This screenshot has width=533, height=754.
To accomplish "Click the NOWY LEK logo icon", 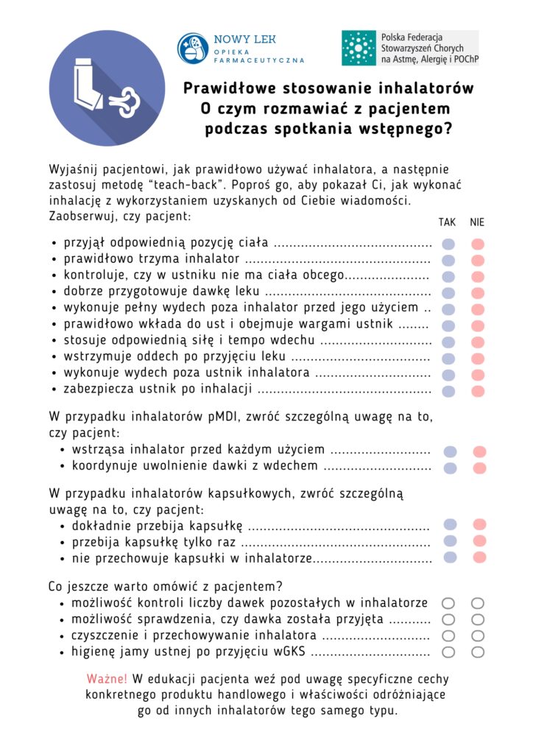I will (x=193, y=47).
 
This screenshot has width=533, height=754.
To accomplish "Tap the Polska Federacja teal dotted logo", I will (x=359, y=48).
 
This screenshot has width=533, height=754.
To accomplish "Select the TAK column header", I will (x=447, y=222).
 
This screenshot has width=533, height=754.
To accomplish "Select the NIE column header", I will (x=477, y=222).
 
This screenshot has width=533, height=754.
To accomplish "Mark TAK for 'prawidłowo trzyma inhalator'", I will (x=448, y=261).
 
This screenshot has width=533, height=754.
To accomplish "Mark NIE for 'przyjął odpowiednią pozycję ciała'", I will (x=478, y=244).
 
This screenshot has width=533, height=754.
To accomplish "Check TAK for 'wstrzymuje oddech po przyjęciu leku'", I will (x=448, y=359).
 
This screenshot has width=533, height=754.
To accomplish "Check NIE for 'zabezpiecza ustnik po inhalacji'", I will (x=478, y=391).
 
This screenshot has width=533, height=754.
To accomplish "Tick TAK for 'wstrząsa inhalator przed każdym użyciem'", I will (x=450, y=451).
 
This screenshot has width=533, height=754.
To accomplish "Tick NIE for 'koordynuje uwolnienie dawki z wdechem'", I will (x=479, y=468).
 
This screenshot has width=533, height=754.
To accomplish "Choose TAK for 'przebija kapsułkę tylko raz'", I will (x=450, y=541).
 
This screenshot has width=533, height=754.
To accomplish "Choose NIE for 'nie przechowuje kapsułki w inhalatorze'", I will (x=479, y=557).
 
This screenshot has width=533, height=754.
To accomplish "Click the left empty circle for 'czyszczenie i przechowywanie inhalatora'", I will (x=448, y=635).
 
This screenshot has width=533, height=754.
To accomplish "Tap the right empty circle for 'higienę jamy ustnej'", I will (x=478, y=652).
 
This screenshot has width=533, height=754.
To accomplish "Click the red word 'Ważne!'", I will (x=107, y=679).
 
